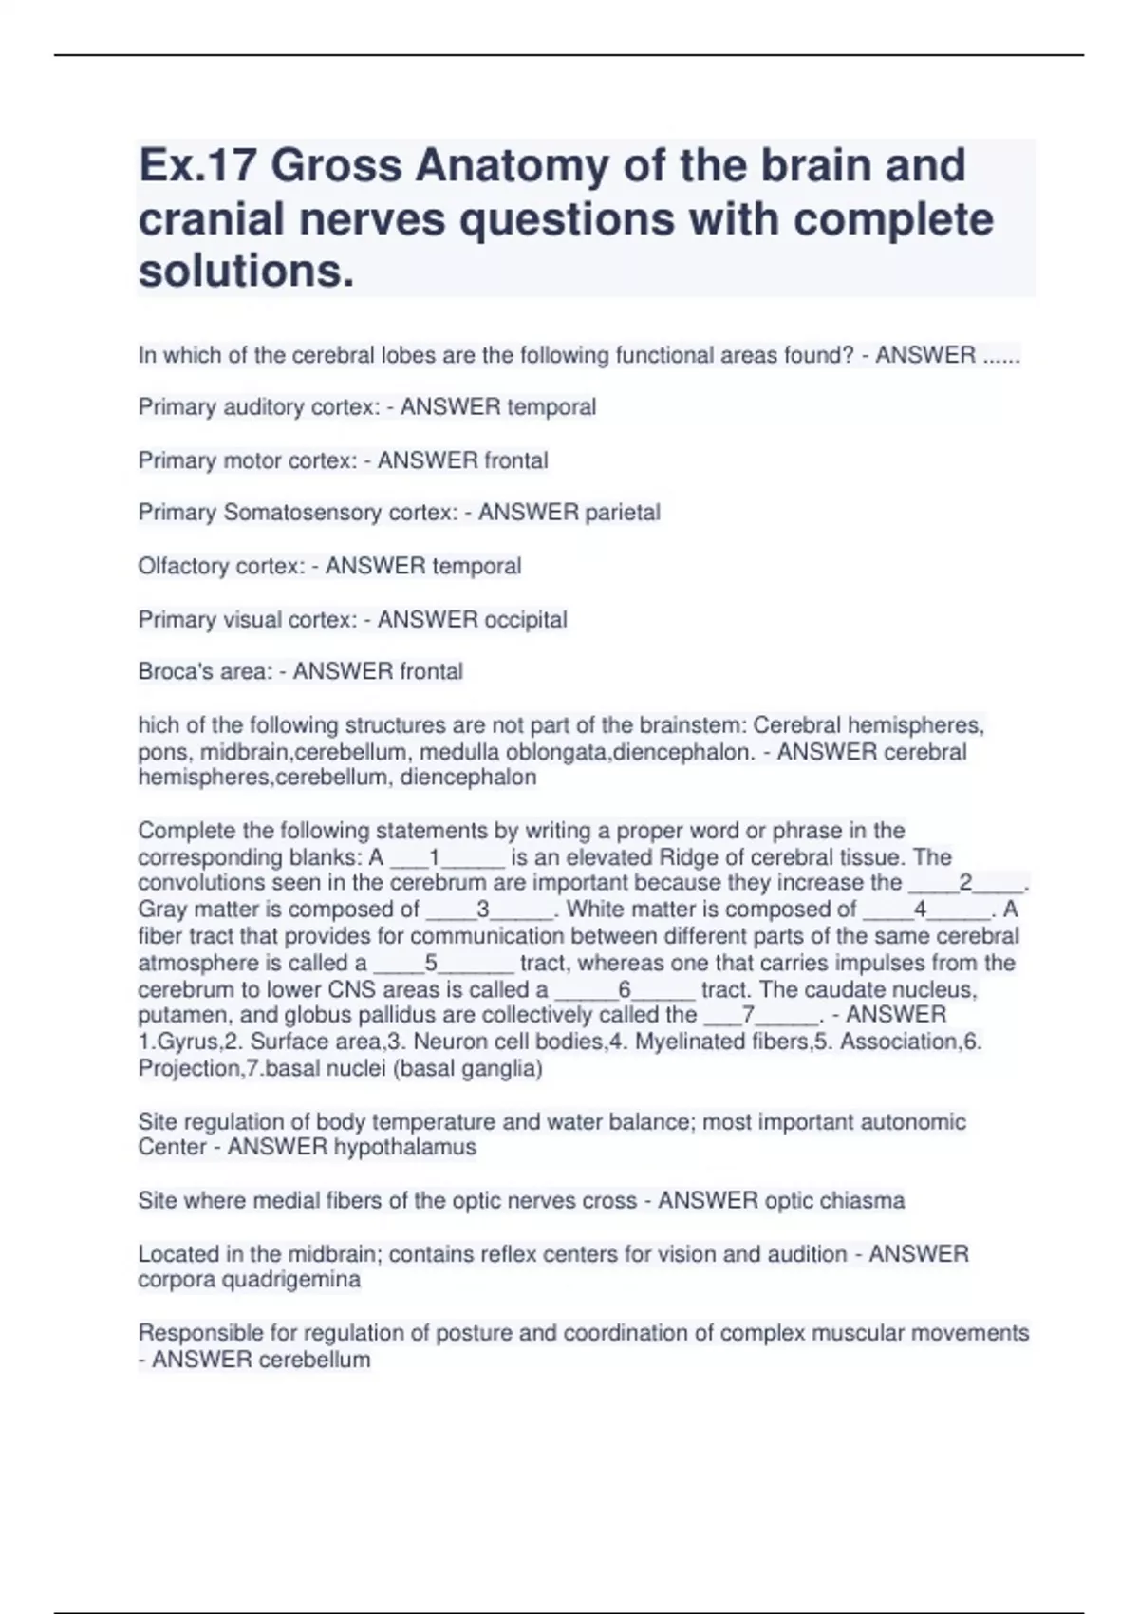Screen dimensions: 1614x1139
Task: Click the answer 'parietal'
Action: point(622,513)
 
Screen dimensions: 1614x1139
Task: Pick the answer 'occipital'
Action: point(525,620)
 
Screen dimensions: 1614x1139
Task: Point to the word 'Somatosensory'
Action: point(301,513)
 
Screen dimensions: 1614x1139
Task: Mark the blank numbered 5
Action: point(443,964)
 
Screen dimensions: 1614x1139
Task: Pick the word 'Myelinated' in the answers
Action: point(686,1042)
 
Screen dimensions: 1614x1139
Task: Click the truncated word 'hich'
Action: point(158,725)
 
